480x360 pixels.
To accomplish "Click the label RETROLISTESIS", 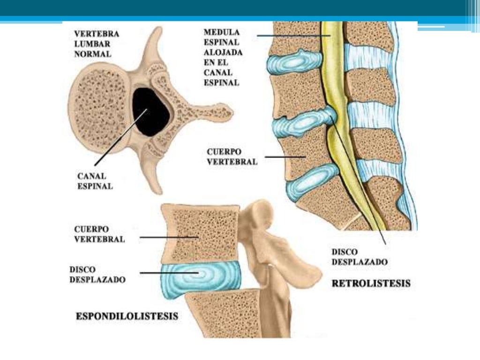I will coord(371,283).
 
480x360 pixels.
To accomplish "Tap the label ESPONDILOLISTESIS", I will coord(127,316).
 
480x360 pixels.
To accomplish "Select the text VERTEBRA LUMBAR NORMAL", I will coord(97,44).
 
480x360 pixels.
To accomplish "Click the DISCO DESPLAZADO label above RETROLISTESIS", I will coord(360,257).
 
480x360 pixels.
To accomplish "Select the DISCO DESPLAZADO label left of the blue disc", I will coord(97,275).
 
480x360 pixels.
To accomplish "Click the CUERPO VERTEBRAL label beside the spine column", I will coord(232,157).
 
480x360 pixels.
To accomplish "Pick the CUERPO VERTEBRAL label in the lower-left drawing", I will coord(99,234).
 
